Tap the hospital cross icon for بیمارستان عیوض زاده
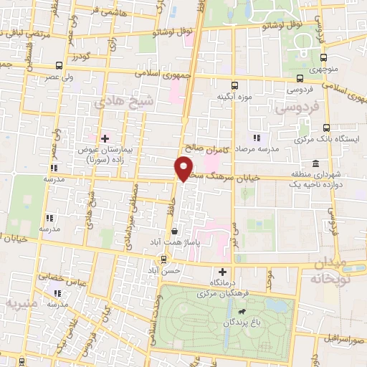105,138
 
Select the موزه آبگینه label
234,97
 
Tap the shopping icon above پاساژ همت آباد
175,231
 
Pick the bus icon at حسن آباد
165,259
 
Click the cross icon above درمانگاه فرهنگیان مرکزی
222,272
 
